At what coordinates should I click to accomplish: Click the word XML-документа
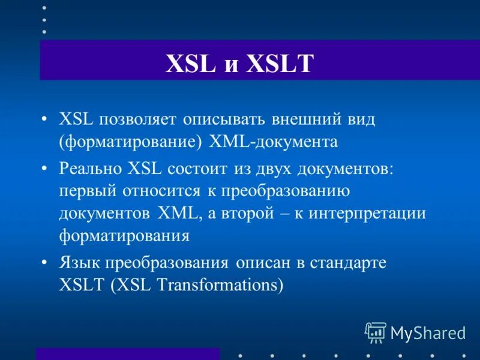pos(274,142)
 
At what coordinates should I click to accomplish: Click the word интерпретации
pos(367,214)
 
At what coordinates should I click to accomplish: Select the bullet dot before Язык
pos(45,263)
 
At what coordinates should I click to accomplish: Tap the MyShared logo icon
pos(376,331)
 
